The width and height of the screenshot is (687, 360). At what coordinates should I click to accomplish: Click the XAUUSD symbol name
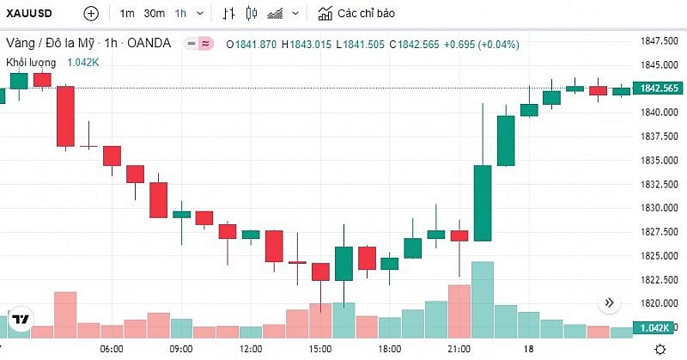[x=32, y=14]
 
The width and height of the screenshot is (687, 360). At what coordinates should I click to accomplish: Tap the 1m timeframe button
[x=127, y=14]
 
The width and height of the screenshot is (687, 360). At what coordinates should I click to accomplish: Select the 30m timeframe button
[x=155, y=14]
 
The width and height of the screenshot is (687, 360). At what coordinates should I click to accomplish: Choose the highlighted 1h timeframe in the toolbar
[x=180, y=14]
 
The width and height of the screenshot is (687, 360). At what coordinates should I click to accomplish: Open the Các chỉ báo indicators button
[x=359, y=14]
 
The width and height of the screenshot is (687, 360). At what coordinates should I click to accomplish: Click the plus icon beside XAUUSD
[x=91, y=14]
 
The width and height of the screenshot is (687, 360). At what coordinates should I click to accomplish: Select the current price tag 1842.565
[x=659, y=88]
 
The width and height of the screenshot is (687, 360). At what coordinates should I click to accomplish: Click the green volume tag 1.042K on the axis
[x=659, y=328]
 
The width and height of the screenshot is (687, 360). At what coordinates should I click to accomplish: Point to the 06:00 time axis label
[x=112, y=349]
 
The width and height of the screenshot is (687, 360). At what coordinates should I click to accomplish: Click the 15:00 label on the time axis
[x=320, y=349]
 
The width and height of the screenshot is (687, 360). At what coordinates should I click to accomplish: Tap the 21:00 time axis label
[x=459, y=349]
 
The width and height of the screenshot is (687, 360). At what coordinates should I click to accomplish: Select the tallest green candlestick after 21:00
[x=483, y=203]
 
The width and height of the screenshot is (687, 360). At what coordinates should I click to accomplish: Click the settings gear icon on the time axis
[x=660, y=349]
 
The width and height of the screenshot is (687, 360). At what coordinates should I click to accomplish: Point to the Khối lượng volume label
[x=31, y=62]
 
